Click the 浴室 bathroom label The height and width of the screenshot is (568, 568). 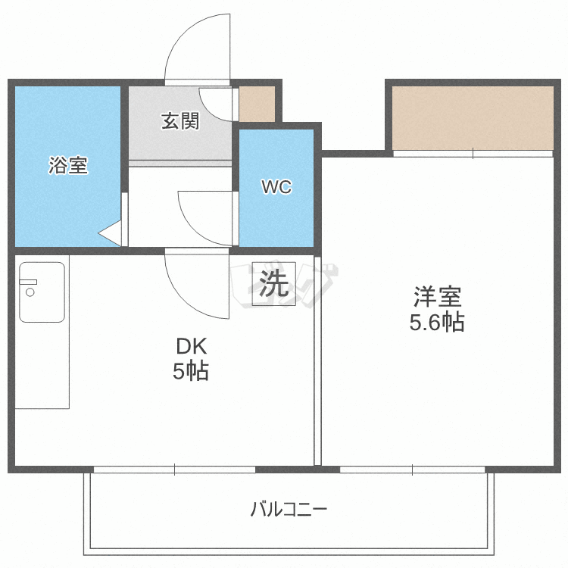coord(68,165)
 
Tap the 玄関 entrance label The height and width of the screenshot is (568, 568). coord(180,121)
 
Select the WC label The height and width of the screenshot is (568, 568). coord(276,187)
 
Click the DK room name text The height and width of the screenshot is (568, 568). coord(191,347)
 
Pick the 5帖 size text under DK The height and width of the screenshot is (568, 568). coord(191,372)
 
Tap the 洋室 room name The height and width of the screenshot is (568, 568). coord(437,295)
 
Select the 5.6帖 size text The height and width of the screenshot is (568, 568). coord(437,323)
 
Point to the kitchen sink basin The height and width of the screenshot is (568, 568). coord(42,292)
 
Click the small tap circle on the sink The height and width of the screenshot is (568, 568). coord(30,291)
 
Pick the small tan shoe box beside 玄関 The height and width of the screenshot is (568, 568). coord(257,105)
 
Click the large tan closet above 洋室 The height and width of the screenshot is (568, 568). coord(473,117)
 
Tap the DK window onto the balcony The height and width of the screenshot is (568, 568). coord(174,470)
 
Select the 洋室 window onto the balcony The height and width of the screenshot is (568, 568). coord(413,470)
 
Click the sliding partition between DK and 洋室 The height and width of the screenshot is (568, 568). coord(318,364)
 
